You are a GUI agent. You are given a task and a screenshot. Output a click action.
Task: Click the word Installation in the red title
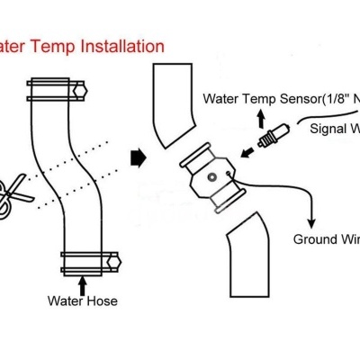coord(117,44)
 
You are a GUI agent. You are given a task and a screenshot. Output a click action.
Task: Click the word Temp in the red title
coord(47,44)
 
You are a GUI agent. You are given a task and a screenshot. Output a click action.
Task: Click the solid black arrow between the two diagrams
coord(138,158)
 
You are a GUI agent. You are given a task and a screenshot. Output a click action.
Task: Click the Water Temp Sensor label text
coord(279,99)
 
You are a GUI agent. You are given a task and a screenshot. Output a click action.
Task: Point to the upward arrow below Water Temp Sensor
coord(261,120)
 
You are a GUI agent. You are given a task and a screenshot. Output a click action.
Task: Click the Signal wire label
coord(334,128)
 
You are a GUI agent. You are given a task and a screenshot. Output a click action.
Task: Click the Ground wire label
coord(326,239)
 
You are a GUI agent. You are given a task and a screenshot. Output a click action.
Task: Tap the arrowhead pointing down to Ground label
coord(312,221)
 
